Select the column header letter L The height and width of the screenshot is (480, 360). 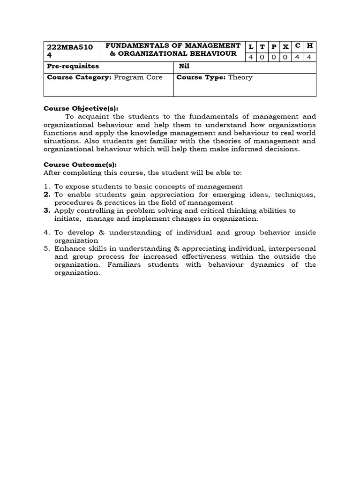[251, 46]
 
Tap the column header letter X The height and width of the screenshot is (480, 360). [285, 46]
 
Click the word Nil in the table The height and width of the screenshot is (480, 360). [184, 66]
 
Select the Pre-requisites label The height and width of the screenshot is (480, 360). [73, 66]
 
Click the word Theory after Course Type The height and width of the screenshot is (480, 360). [240, 77]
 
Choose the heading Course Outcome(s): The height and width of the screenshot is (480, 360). [80, 165]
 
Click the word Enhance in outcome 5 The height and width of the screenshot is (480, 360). [68, 248]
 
